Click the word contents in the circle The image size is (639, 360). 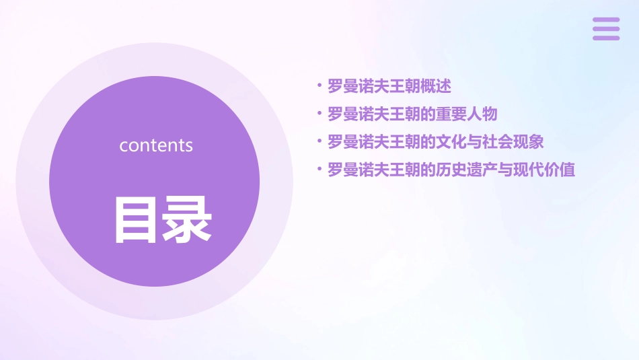pos(156,145)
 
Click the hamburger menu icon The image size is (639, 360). pos(605,29)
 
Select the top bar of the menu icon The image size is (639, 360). pos(605,20)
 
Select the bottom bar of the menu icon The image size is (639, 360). pos(605,38)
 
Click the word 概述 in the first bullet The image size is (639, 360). pos(436,86)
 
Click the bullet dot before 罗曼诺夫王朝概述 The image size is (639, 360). pos(319,86)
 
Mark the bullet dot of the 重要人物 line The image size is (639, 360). pos(319,114)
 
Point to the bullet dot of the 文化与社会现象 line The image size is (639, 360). pos(319,142)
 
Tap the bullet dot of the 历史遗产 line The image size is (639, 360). pos(319,170)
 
